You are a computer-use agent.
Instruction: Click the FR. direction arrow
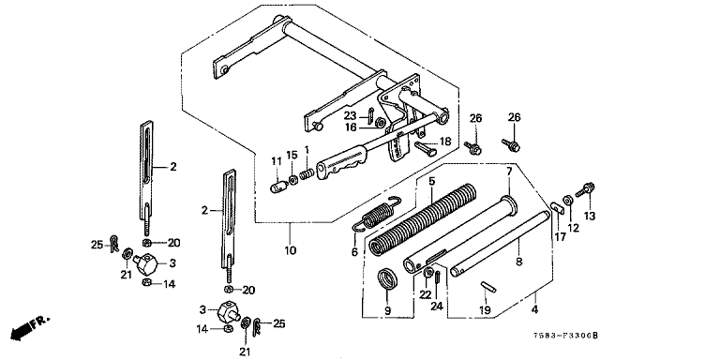tap(29, 328)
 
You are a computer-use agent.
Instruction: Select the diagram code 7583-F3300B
tap(566, 336)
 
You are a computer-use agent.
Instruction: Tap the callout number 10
tap(291, 250)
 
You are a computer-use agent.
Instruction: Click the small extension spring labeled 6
tap(378, 215)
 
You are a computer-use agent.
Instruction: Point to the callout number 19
tap(485, 310)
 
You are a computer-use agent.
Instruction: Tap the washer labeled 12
tap(568, 200)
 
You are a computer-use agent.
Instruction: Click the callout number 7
tap(509, 172)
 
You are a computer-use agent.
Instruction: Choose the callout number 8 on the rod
tap(519, 262)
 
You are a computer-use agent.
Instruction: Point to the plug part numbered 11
tap(277, 187)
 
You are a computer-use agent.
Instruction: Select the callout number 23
tap(351, 115)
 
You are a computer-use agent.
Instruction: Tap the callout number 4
tap(534, 309)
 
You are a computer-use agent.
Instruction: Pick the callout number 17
tap(561, 236)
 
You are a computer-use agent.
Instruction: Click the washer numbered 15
tap(292, 180)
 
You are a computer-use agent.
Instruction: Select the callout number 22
tap(426, 294)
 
